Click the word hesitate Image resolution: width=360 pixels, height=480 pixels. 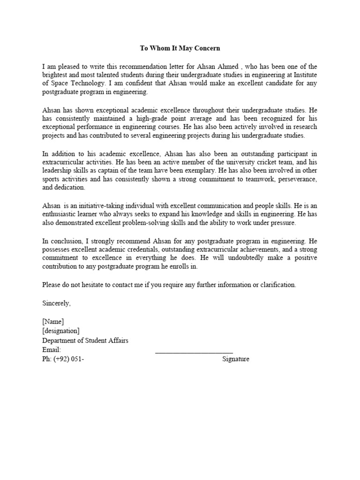[101, 285]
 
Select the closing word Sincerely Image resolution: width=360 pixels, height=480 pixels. [56, 303]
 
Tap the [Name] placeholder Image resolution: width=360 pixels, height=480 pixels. [52, 321]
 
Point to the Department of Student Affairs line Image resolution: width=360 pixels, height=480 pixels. [85, 340]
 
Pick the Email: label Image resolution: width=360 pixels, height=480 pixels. [51, 350]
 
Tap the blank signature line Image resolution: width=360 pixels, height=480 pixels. [194, 352]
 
